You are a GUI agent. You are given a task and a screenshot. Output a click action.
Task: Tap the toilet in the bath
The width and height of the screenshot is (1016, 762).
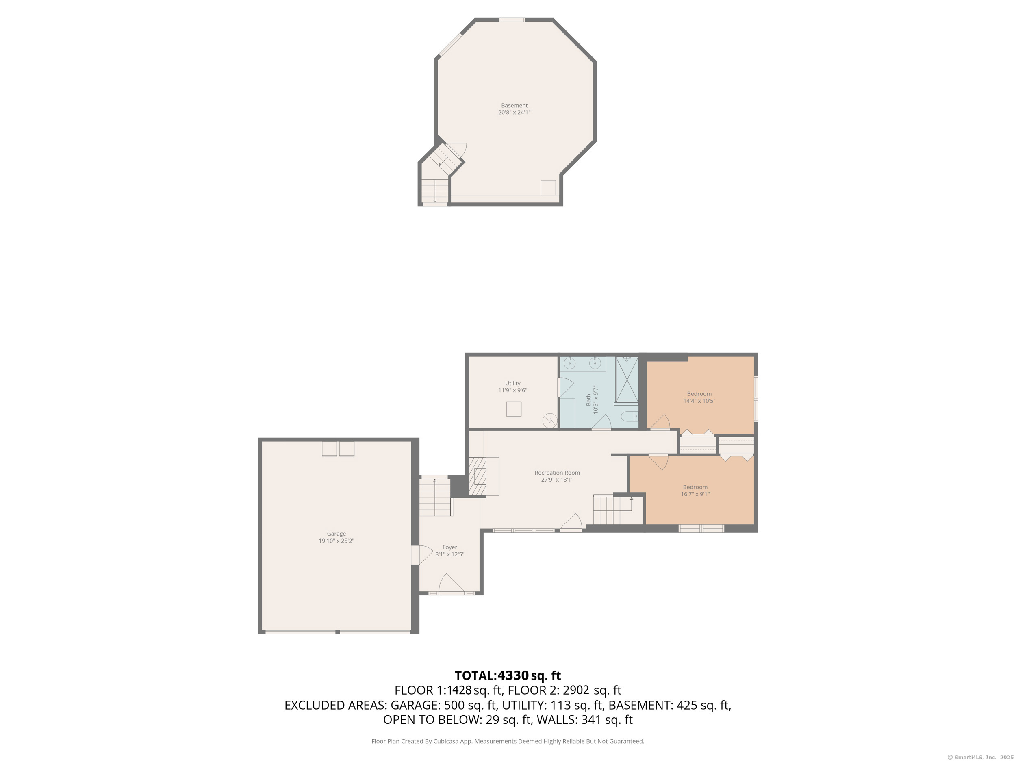tap(629, 417)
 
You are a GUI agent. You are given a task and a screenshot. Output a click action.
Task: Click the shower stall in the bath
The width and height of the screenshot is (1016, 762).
tap(627, 380)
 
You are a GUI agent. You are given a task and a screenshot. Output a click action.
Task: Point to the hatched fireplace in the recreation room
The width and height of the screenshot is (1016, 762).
tap(477, 476)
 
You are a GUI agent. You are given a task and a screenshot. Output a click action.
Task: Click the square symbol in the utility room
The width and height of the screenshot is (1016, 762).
tap(514, 409)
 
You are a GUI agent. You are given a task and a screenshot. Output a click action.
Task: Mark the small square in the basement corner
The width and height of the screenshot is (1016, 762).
tap(548, 188)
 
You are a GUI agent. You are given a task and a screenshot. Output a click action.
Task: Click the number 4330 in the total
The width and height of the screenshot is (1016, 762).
tap(513, 676)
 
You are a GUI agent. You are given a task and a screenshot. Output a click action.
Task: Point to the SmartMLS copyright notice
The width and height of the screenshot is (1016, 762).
tap(980, 758)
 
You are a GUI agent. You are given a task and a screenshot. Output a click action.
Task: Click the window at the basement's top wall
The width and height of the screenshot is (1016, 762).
tap(512, 20)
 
